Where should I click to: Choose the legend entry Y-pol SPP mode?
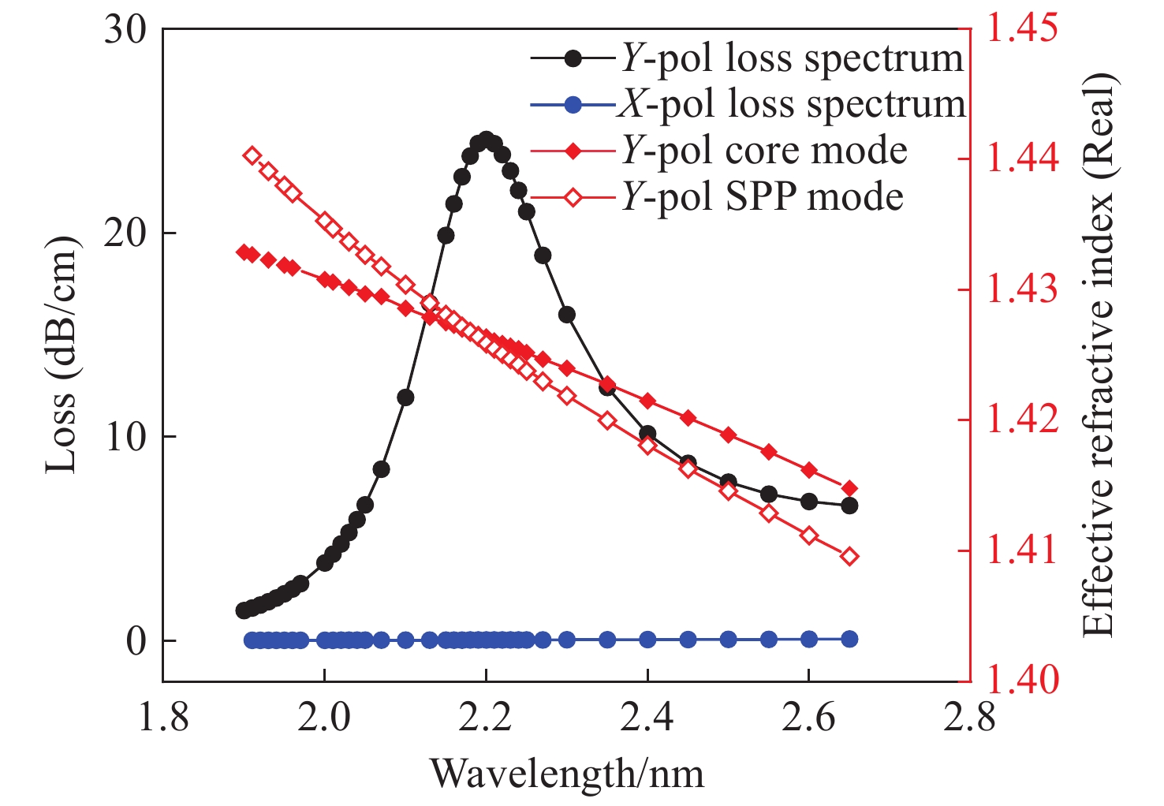[x=761, y=196]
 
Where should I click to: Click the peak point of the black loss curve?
[x=486, y=140]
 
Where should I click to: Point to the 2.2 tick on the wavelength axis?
[x=486, y=718]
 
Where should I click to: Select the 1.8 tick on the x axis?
[x=163, y=718]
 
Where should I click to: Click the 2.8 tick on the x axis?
[x=969, y=718]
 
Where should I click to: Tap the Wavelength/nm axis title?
[x=566, y=774]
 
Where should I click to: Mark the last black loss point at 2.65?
[x=849, y=506]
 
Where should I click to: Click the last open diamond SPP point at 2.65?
[x=849, y=557]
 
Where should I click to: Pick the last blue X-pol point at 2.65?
[x=849, y=639]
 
